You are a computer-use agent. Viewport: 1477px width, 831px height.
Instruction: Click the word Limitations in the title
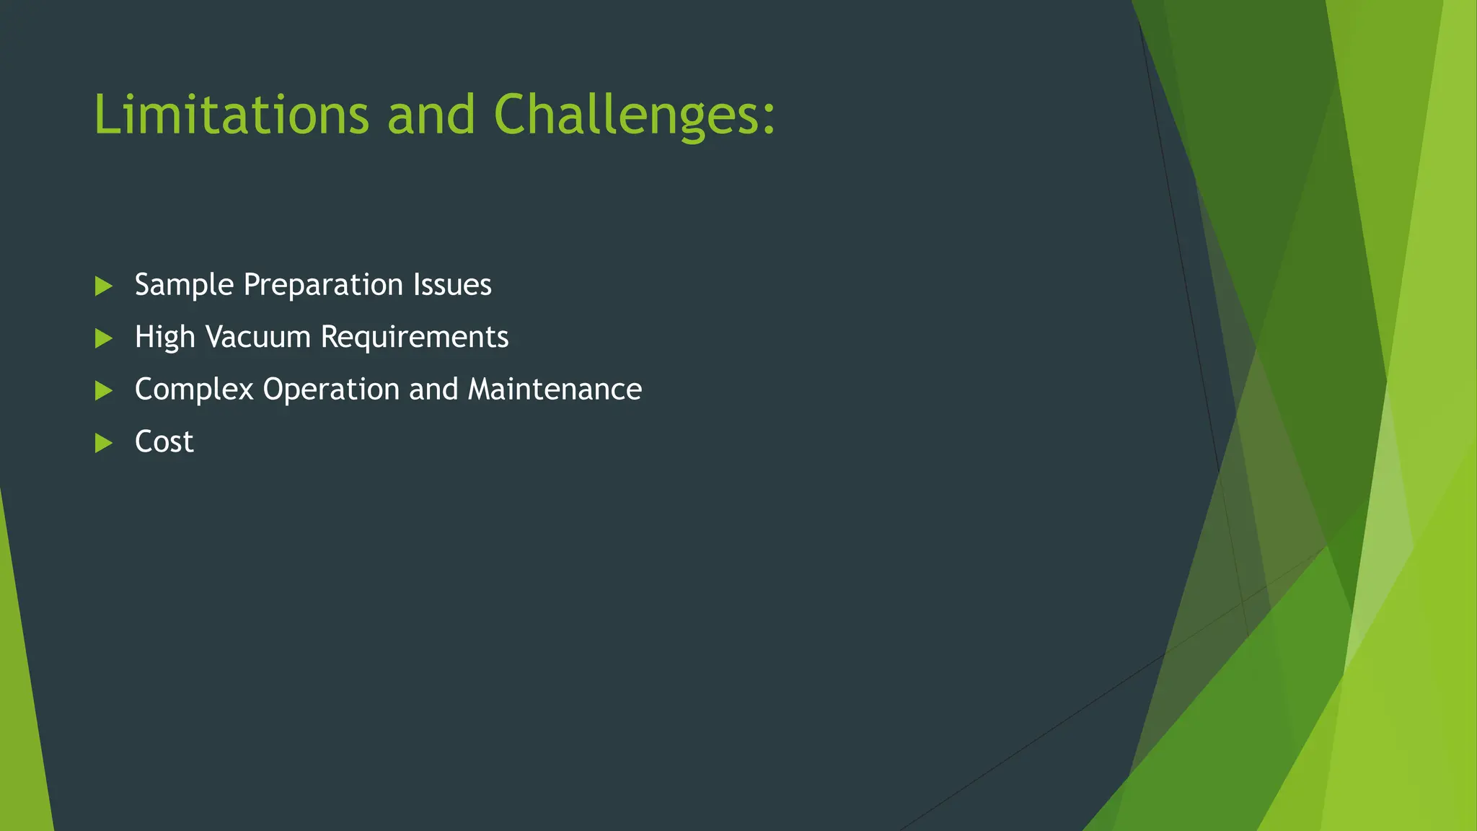[231, 115]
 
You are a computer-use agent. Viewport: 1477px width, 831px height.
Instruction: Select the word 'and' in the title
[431, 115]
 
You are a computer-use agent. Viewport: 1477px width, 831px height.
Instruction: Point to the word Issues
[452, 285]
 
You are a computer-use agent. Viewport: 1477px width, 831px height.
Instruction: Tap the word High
[164, 337]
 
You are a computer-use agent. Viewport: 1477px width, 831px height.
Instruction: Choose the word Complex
[194, 390]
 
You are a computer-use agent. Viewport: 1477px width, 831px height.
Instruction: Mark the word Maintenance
[555, 390]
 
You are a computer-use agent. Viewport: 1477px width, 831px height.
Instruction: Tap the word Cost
[164, 441]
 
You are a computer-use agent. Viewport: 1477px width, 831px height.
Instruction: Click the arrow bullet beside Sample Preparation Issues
[103, 286]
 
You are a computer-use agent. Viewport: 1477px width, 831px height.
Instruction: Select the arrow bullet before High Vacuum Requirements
[103, 338]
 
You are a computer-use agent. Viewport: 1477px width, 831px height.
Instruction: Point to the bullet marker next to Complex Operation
[103, 391]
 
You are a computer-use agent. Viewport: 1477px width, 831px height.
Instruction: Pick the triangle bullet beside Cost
[103, 443]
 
